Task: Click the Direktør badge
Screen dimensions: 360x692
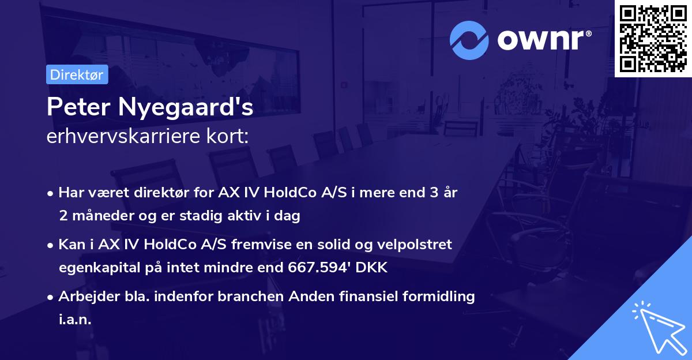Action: (77, 74)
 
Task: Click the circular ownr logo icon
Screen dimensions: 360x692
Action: (469, 40)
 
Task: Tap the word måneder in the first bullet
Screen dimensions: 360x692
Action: (98, 216)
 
